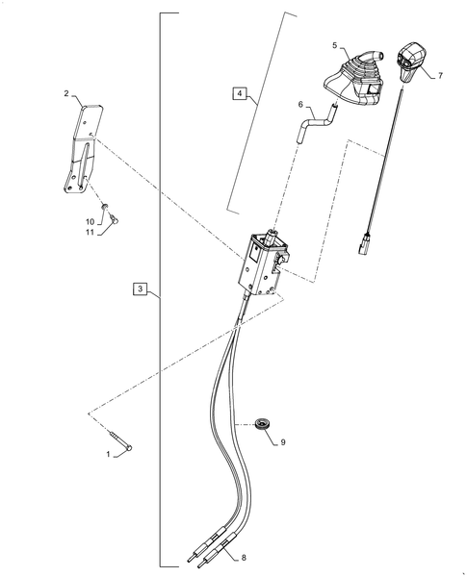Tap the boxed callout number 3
click(140, 289)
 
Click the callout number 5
click(335, 45)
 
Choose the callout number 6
click(300, 106)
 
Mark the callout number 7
click(441, 74)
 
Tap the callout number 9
click(284, 443)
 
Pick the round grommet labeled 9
click(260, 423)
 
